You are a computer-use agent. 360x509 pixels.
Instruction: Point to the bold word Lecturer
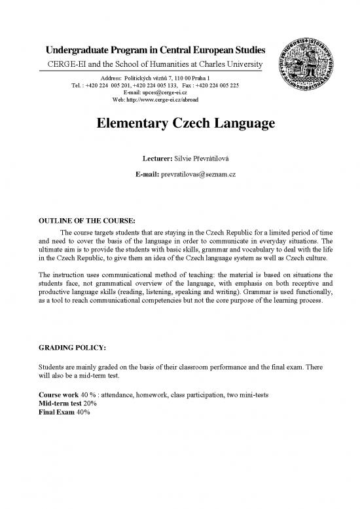point(157,159)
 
